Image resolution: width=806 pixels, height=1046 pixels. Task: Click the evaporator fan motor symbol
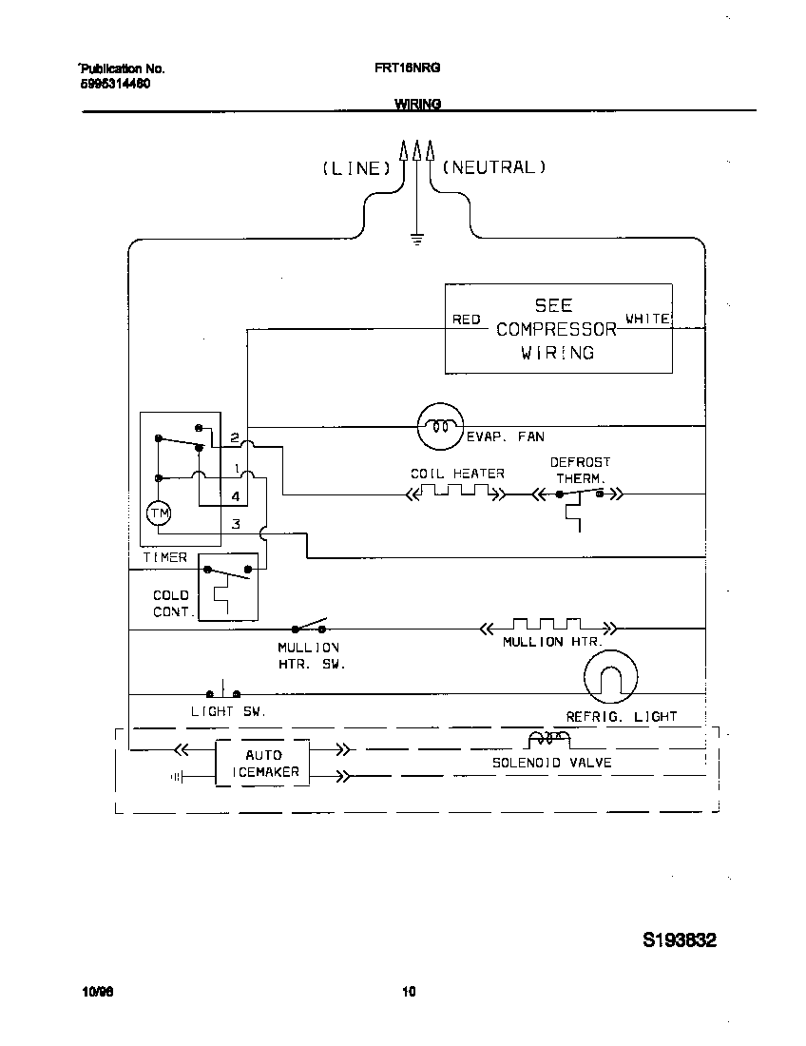click(x=439, y=426)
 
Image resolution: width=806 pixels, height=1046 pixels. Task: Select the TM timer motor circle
click(x=159, y=513)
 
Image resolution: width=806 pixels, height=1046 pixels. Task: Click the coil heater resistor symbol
click(x=455, y=493)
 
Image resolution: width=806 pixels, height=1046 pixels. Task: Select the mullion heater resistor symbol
click(x=547, y=627)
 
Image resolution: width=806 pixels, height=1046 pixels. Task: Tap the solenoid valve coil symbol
click(x=549, y=740)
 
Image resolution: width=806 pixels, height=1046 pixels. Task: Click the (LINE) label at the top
click(x=356, y=168)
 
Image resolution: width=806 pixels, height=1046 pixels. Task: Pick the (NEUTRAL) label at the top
click(x=494, y=167)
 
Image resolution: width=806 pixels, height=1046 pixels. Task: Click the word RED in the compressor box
click(x=466, y=320)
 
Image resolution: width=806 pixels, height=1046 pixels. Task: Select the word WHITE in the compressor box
click(x=647, y=319)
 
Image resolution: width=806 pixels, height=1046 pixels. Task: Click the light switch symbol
click(x=222, y=691)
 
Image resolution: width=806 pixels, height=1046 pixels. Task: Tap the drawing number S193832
click(x=679, y=940)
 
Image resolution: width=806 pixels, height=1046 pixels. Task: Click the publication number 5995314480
click(x=114, y=84)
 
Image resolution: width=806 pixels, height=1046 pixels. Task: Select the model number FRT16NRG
click(x=408, y=68)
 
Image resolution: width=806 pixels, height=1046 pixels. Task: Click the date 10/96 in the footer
click(x=97, y=992)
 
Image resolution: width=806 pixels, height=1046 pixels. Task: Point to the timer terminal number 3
click(x=236, y=524)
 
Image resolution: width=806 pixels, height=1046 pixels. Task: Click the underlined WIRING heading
click(x=417, y=105)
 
